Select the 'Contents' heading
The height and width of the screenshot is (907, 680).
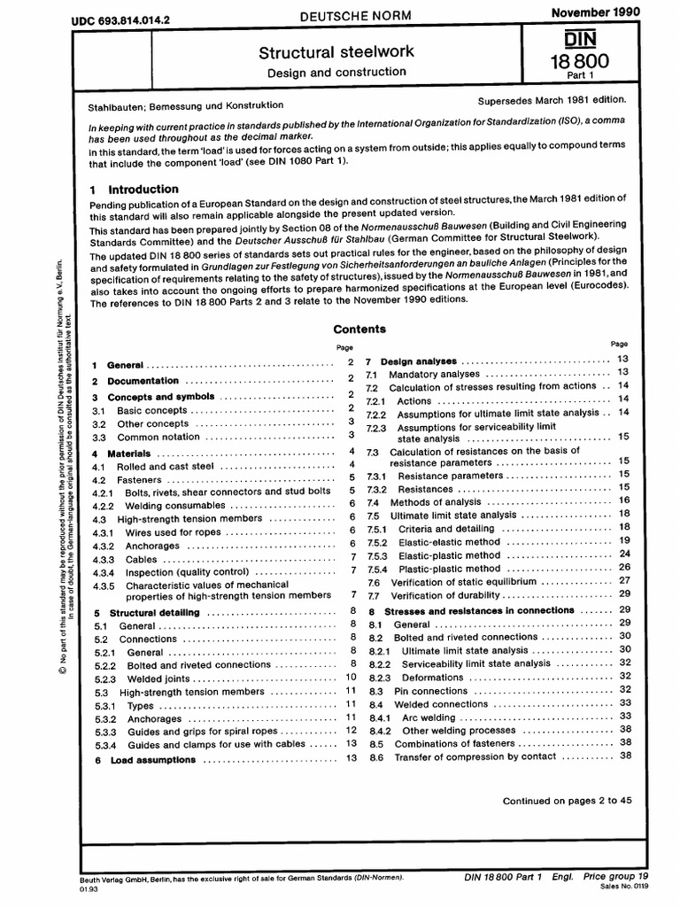(x=359, y=329)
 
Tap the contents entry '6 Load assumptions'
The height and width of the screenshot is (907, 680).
(x=153, y=760)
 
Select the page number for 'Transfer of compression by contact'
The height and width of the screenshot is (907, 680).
(x=625, y=756)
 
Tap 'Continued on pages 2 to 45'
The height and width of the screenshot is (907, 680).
(x=567, y=801)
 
